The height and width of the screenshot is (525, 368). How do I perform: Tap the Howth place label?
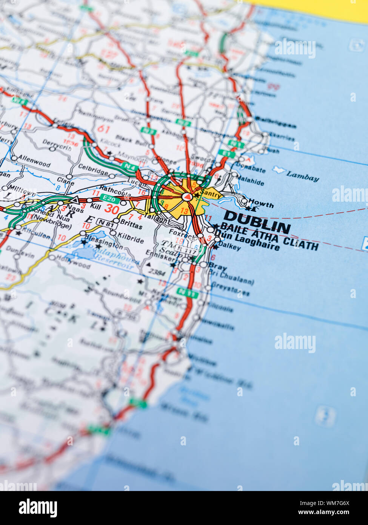[261, 204]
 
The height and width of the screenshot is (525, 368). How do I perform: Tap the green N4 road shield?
[129, 166]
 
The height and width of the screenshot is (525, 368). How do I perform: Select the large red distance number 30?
[112, 208]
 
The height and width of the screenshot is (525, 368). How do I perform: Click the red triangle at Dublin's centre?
[186, 196]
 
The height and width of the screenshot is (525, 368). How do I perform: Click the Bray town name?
[218, 267]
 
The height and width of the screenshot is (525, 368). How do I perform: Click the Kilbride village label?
[131, 239]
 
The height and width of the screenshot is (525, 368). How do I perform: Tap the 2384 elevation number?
[157, 271]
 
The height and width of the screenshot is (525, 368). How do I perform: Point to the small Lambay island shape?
[278, 170]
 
